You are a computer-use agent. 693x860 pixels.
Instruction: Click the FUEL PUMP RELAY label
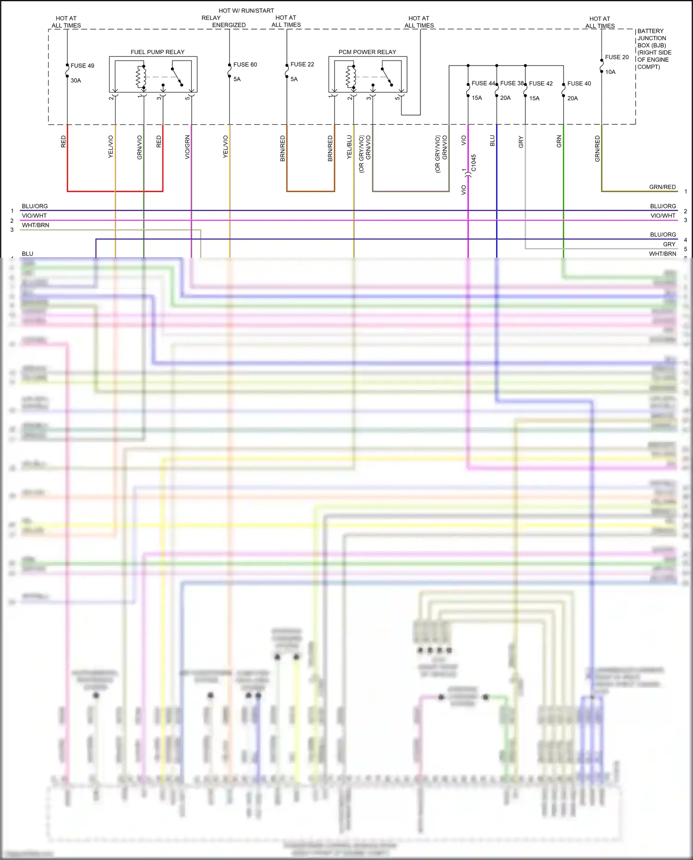pyautogui.click(x=157, y=52)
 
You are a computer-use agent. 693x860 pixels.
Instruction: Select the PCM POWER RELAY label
pyautogui.click(x=367, y=52)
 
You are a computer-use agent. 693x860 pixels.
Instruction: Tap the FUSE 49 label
pyautogui.click(x=82, y=66)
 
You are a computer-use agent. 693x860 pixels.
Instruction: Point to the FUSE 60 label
pyautogui.click(x=245, y=65)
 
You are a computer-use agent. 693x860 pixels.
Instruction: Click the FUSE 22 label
pyautogui.click(x=302, y=65)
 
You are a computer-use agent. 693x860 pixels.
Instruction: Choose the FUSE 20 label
pyautogui.click(x=617, y=57)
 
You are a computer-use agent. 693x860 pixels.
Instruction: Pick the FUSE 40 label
pyautogui.click(x=579, y=84)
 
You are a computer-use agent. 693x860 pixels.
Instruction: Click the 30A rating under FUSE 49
pyautogui.click(x=76, y=80)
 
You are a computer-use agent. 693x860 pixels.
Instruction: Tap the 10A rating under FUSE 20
pyautogui.click(x=610, y=72)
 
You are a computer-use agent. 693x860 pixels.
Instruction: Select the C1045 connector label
pyautogui.click(x=474, y=163)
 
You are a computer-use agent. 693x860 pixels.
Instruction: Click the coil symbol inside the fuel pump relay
pyautogui.click(x=141, y=77)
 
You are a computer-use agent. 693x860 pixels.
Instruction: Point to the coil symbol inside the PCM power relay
pyautogui.click(x=351, y=77)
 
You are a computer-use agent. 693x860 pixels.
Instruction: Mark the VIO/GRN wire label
pyautogui.click(x=187, y=147)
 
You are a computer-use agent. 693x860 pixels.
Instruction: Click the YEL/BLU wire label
pyautogui.click(x=349, y=147)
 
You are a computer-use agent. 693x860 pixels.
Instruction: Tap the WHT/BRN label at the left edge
pyautogui.click(x=36, y=226)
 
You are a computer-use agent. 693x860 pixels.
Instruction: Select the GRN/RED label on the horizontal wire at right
pyautogui.click(x=662, y=187)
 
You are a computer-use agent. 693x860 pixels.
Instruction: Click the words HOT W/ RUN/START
pyautogui.click(x=246, y=11)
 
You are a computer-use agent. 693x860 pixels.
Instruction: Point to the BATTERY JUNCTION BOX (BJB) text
pyautogui.click(x=651, y=38)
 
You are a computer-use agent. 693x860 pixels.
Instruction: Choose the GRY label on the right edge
pyautogui.click(x=669, y=244)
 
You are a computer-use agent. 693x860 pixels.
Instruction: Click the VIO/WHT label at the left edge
pyautogui.click(x=34, y=216)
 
